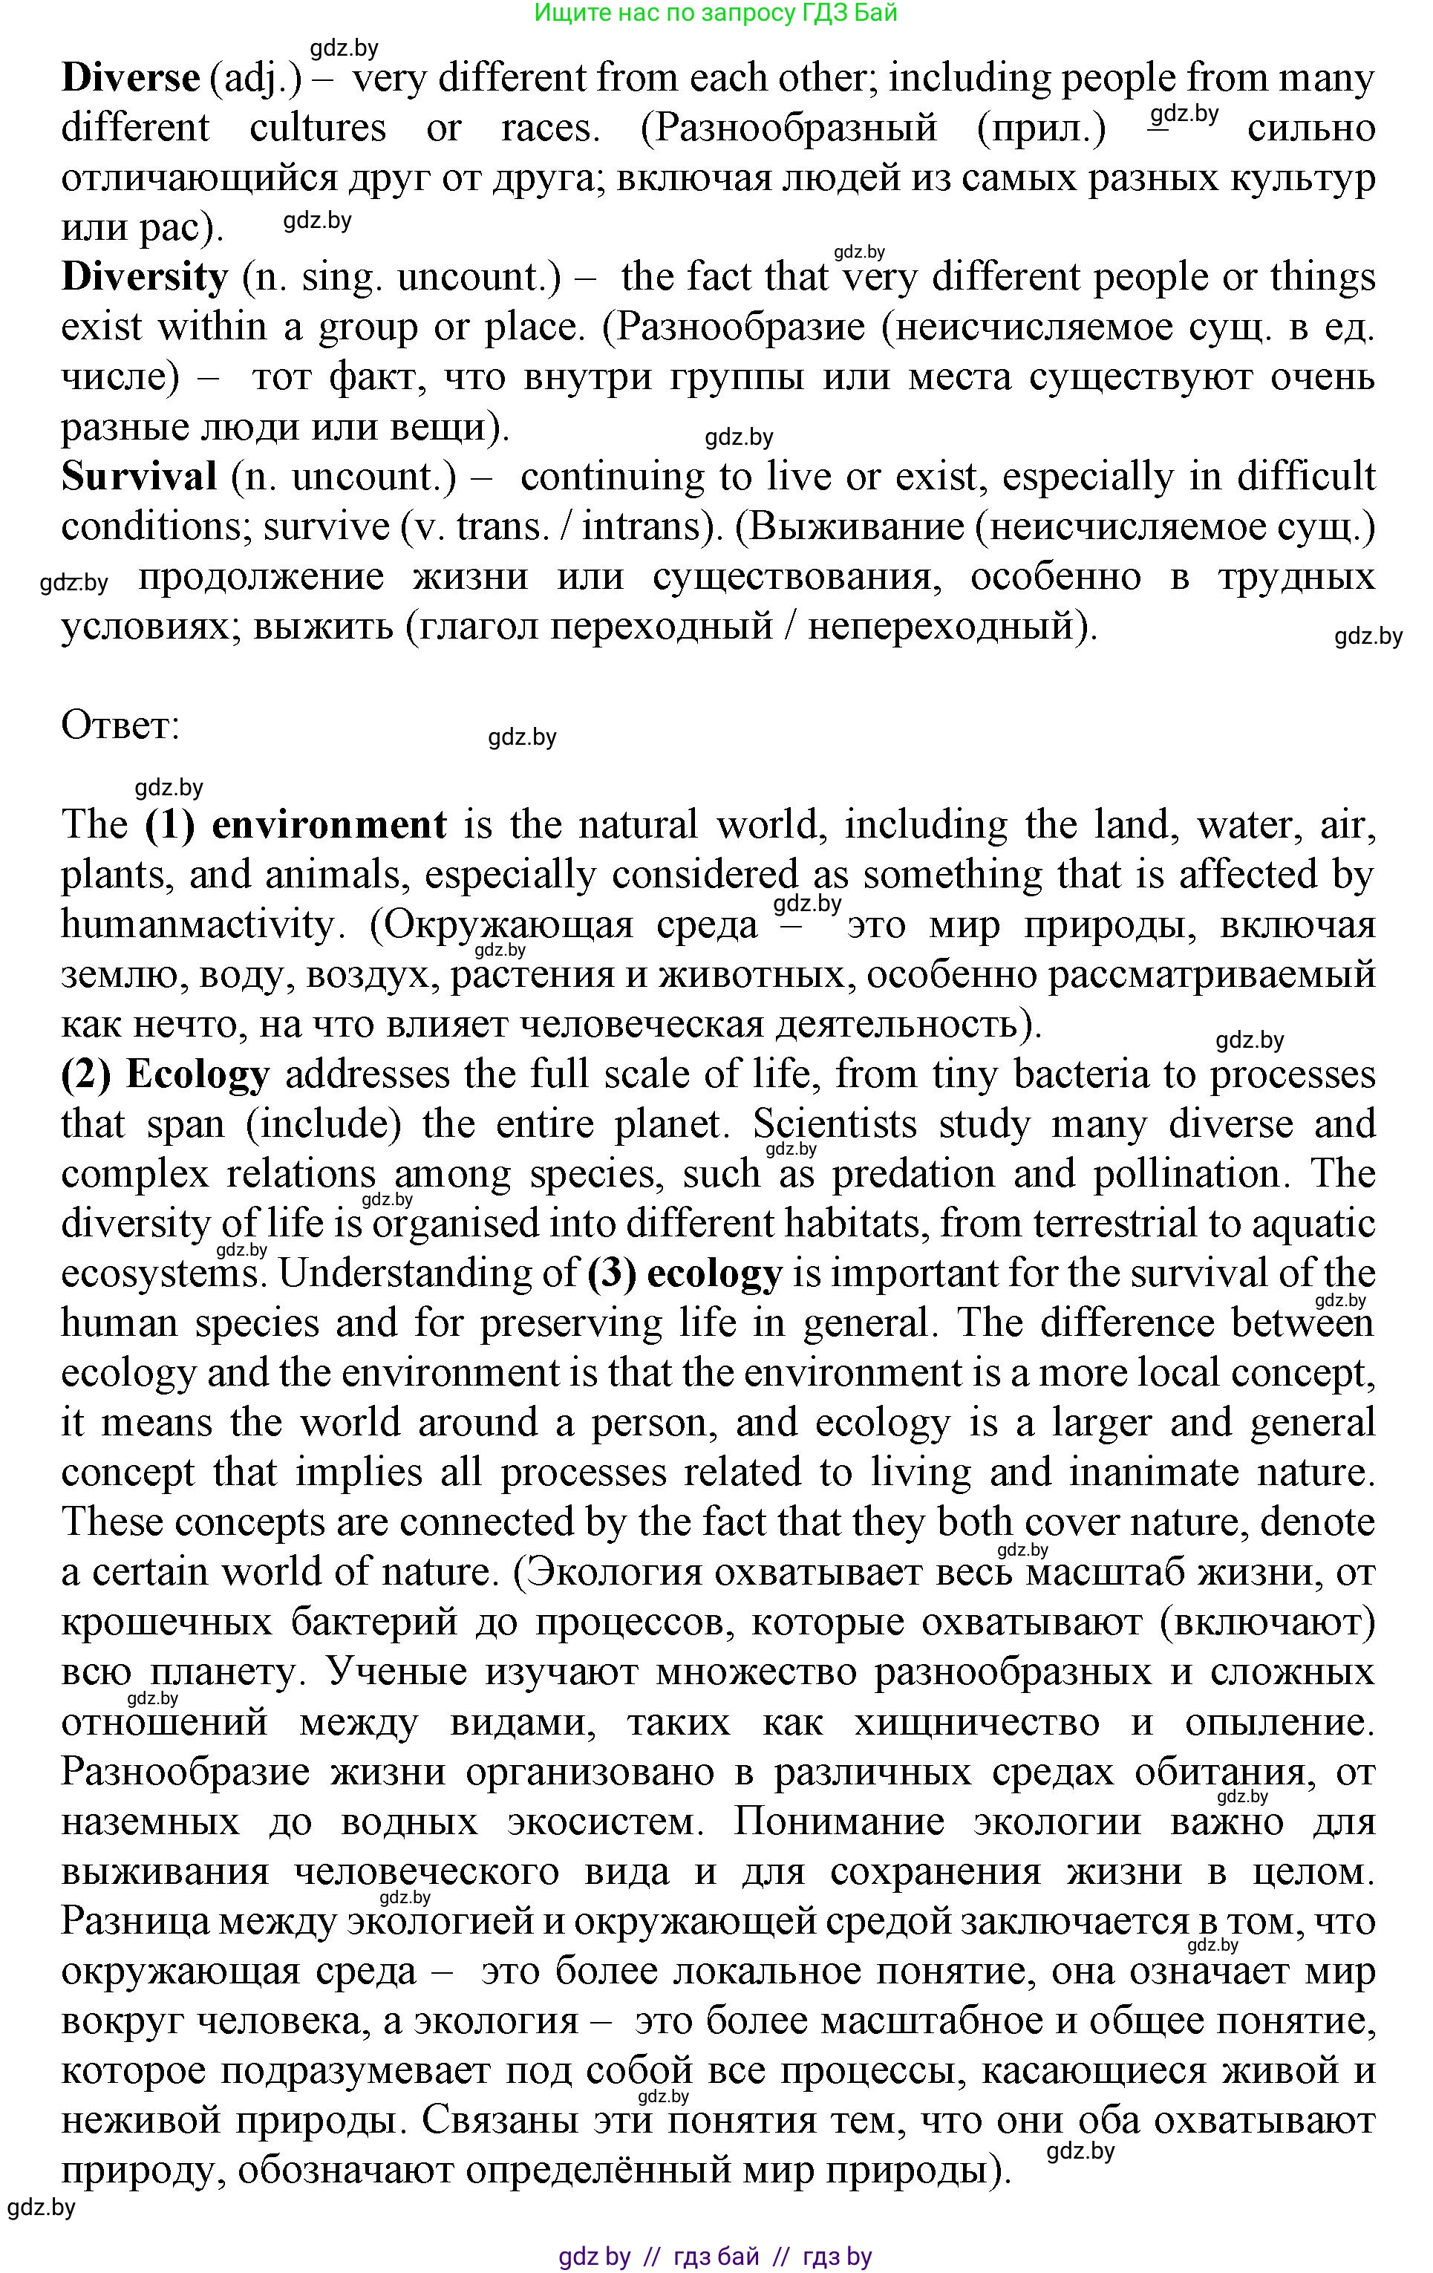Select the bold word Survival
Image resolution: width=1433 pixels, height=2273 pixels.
coord(139,477)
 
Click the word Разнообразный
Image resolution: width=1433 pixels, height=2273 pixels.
coord(789,128)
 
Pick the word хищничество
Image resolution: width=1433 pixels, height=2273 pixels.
coord(976,1723)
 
